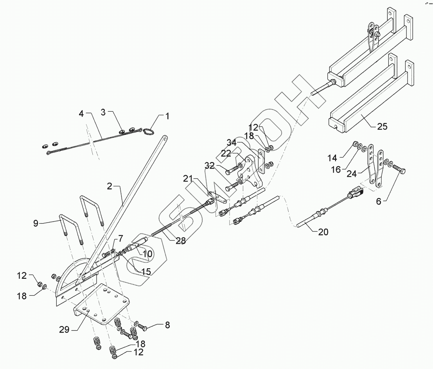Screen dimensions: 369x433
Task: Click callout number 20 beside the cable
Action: coord(323,232)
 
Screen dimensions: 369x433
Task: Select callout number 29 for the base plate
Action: coord(64,330)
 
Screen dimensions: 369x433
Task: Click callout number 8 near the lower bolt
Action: coord(167,325)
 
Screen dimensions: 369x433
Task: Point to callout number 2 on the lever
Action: coord(110,186)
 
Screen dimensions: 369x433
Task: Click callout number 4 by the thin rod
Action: coord(81,114)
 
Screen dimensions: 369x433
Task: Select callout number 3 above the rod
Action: coord(103,112)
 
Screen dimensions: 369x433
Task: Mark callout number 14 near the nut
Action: coord(332,158)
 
